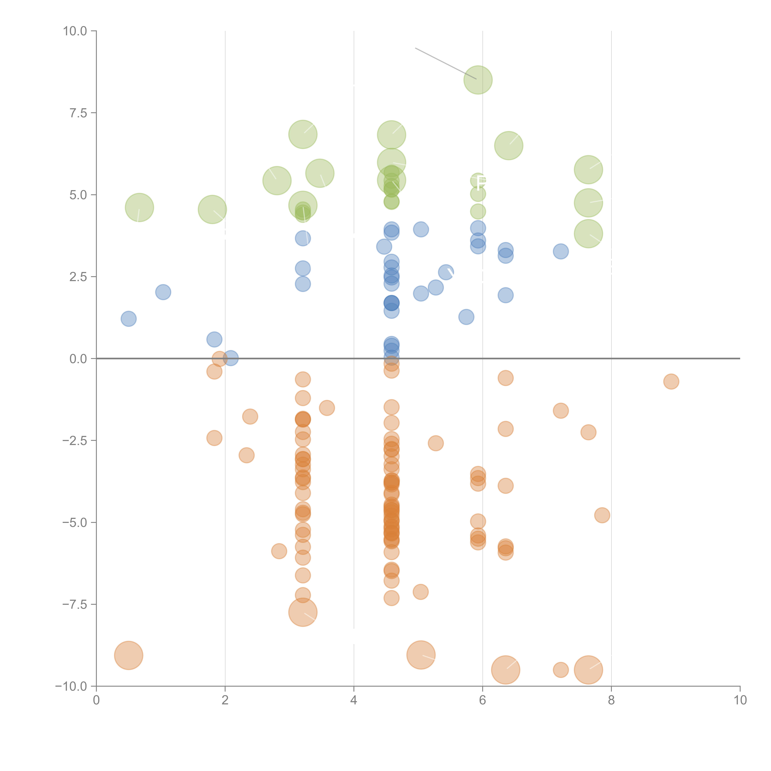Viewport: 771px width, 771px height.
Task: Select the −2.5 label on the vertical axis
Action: tap(75, 441)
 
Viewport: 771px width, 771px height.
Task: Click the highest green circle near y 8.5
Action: tap(478, 80)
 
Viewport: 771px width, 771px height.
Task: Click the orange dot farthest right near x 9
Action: tap(671, 381)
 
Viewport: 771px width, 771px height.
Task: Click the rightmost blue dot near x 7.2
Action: tap(561, 251)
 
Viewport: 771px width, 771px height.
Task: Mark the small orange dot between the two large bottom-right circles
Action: tap(561, 670)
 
